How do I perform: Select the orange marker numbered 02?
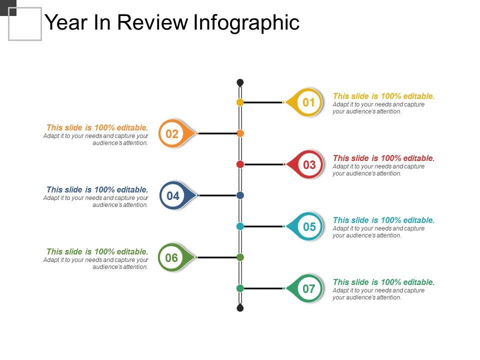pos(172,133)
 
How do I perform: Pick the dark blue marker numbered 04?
pos(173,195)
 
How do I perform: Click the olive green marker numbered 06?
pos(172,257)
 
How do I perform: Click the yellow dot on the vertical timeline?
pos(240,102)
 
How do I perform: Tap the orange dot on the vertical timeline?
pos(240,133)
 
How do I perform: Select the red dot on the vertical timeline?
pos(240,164)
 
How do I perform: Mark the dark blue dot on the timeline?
pos(240,195)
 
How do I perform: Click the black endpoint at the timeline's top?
pos(240,82)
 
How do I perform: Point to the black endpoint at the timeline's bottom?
pos(240,307)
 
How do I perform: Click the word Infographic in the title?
pos(246,22)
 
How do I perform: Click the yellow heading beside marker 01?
pos(383,96)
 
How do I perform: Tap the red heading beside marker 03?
pos(383,158)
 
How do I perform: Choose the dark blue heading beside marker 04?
pos(97,189)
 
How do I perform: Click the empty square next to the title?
pos(25,24)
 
